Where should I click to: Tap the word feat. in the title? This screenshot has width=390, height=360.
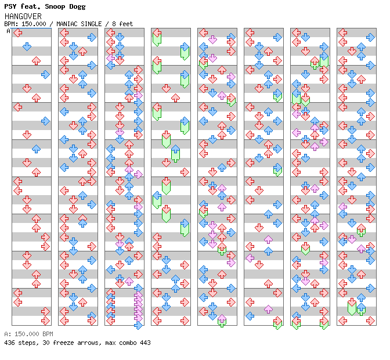tap(32, 6)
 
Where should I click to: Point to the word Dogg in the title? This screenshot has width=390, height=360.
tap(77, 6)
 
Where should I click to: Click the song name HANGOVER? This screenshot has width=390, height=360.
tap(23, 16)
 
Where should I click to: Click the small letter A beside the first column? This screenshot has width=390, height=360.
tap(8, 31)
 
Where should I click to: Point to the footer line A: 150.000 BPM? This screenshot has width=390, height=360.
tap(28, 334)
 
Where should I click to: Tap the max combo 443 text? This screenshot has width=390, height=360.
tap(128, 343)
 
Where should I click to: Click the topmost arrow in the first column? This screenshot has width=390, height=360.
tap(17, 33)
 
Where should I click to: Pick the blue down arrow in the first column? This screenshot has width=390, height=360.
tap(27, 46)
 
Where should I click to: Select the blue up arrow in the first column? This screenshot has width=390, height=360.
tap(36, 149)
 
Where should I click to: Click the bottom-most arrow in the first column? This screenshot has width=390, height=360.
tap(45, 321)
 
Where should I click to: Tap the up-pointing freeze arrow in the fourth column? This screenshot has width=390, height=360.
tap(175, 154)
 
